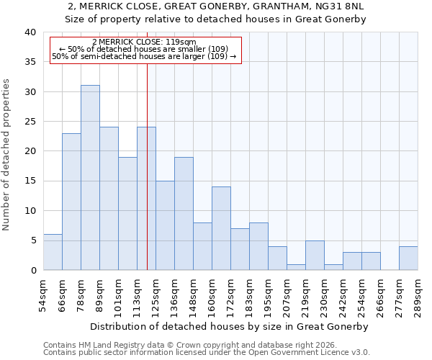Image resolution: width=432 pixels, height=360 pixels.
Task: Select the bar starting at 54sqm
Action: point(53,252)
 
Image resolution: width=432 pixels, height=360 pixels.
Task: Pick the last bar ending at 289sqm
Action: point(408,258)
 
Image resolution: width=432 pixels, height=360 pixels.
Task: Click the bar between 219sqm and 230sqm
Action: point(315,255)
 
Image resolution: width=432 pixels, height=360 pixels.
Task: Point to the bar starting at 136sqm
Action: point(184,214)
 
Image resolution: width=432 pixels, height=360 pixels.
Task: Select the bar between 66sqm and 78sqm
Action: point(71,202)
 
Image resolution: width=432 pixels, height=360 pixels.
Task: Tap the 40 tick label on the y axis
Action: point(30,32)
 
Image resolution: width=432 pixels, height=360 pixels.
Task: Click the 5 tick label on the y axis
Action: point(32,240)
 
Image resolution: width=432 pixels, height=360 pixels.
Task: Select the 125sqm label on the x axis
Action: point(156,295)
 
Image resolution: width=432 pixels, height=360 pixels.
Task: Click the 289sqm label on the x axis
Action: point(418,295)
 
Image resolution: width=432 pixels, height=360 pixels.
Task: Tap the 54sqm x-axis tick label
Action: point(43,295)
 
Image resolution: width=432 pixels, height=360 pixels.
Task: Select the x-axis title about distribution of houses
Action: point(230,326)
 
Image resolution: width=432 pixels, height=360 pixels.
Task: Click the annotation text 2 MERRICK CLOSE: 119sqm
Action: point(144,42)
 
